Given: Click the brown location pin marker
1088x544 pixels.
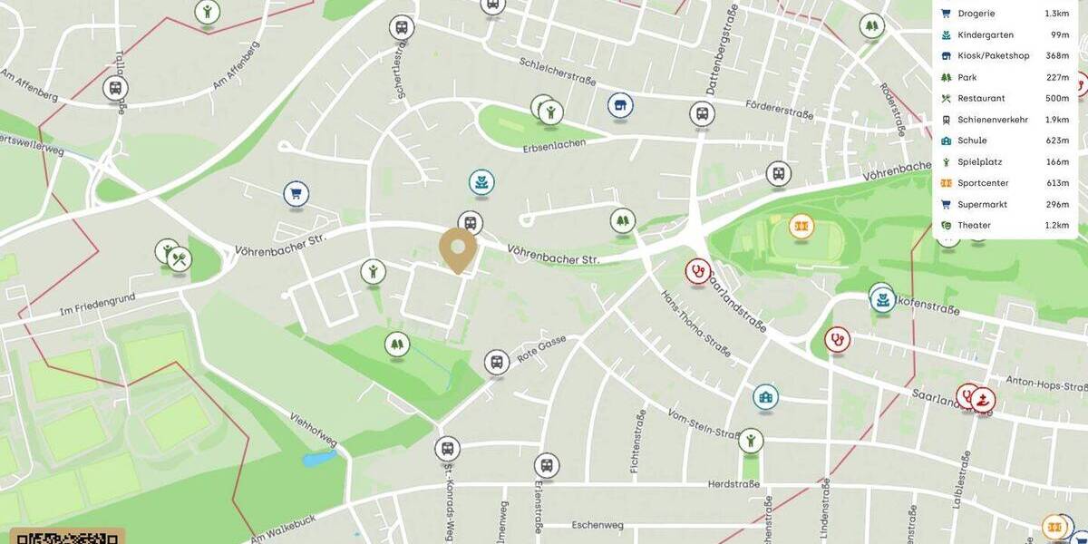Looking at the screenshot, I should pyautogui.click(x=458, y=248).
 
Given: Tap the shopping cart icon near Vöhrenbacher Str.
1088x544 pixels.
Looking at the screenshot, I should pyautogui.click(x=296, y=193).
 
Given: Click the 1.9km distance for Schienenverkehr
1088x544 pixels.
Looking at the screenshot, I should pyautogui.click(x=1056, y=120).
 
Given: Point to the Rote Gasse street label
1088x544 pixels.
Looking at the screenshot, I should pyautogui.click(x=542, y=349).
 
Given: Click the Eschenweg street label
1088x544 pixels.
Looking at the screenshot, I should pyautogui.click(x=597, y=525).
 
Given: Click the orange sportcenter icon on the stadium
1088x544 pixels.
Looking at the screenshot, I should pyautogui.click(x=801, y=225).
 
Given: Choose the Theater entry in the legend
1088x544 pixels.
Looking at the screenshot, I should pyautogui.click(x=974, y=225).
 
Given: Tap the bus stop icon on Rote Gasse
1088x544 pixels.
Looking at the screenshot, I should pyautogui.click(x=497, y=363).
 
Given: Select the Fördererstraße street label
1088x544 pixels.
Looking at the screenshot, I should pyautogui.click(x=779, y=112).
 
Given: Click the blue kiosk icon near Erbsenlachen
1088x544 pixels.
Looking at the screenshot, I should pyautogui.click(x=620, y=105).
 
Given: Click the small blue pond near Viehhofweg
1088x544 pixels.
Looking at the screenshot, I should pyautogui.click(x=319, y=459).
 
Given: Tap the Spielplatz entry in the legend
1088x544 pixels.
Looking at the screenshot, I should pyautogui.click(x=979, y=161).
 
